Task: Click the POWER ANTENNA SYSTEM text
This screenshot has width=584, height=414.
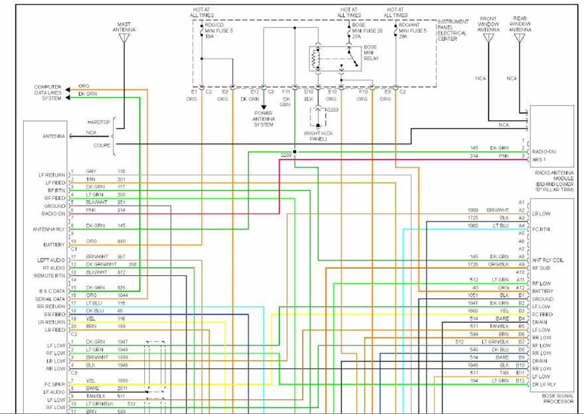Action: point(264,119)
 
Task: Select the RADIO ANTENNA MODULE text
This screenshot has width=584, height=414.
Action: point(553,177)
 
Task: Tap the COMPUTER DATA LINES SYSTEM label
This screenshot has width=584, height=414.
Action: point(48,92)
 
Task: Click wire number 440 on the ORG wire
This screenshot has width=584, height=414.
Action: point(122,241)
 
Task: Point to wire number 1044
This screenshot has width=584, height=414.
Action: point(122,295)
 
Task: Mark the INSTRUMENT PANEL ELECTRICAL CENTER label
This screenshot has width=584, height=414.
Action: point(452,31)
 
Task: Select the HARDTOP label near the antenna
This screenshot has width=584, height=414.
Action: point(98,122)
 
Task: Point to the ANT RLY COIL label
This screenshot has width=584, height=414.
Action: point(548,260)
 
